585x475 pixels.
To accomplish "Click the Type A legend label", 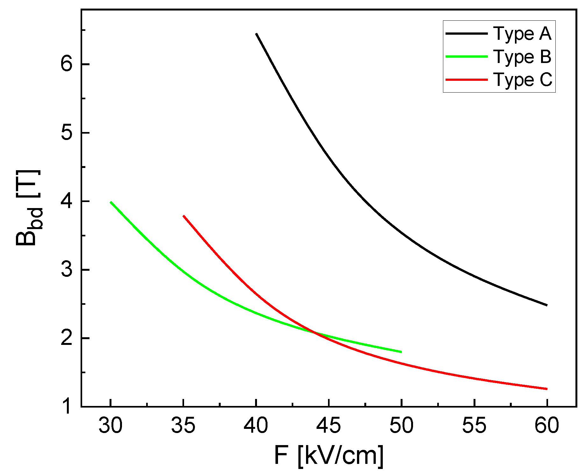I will click(x=522, y=33).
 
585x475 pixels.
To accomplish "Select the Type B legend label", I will click(x=522, y=57).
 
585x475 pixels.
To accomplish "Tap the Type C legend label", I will click(x=523, y=80).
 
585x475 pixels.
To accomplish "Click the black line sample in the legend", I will click(x=467, y=33).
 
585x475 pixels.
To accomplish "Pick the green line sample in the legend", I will click(x=467, y=57).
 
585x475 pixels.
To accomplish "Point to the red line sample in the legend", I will click(x=467, y=80).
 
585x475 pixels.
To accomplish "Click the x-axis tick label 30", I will click(x=110, y=425).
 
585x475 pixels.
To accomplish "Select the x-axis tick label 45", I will click(x=329, y=425).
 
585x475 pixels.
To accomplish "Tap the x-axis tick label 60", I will click(x=547, y=425).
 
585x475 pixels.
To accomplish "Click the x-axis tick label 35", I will click(x=183, y=425).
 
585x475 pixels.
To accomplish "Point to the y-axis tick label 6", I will click(x=67, y=65).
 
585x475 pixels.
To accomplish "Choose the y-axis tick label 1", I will click(x=67, y=407).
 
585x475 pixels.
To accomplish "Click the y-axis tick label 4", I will click(x=67, y=201).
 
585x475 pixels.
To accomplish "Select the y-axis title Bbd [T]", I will click(x=28, y=208).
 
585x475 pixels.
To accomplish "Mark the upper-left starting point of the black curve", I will click(x=256, y=34).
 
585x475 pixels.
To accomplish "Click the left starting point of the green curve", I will click(x=111, y=202).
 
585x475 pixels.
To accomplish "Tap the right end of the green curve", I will click(x=401, y=352).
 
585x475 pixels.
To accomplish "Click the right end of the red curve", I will click(x=547, y=389).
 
